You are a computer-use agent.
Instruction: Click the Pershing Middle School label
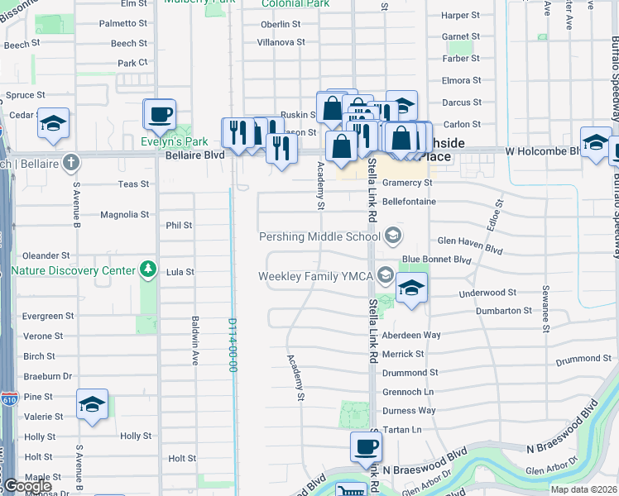319,236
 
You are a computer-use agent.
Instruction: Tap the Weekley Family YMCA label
317,276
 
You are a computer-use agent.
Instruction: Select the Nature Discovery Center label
73,270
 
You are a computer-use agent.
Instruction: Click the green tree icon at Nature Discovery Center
148,269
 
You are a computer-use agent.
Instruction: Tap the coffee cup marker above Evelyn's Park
160,115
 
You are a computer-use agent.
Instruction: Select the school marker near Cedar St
54,123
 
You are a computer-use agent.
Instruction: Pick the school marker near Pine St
93,404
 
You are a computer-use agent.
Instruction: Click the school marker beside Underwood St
410,289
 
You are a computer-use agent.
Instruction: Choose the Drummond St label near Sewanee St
583,359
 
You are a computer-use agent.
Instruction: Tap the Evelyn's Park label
173,141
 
